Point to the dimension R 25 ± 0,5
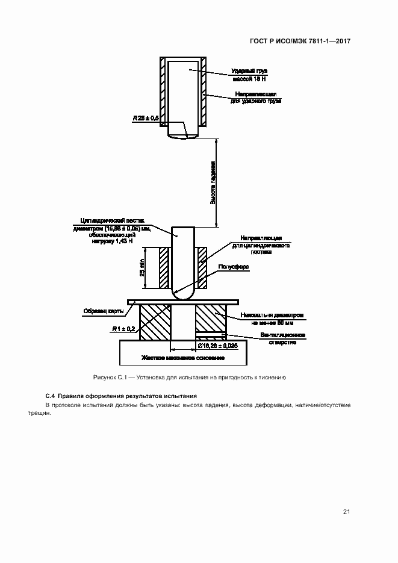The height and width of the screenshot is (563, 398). pyautogui.click(x=145, y=119)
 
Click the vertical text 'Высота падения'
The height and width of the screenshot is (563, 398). pyautogui.click(x=213, y=183)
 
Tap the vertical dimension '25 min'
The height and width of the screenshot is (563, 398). pyautogui.click(x=143, y=267)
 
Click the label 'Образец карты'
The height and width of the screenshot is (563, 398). pyautogui.click(x=104, y=311)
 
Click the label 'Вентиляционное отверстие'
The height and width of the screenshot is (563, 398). pyautogui.click(x=282, y=338)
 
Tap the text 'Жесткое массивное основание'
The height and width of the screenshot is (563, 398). pyautogui.click(x=183, y=358)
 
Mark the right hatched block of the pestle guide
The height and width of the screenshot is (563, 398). pyautogui.click(x=202, y=267)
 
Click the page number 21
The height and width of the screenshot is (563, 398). pyautogui.click(x=346, y=512)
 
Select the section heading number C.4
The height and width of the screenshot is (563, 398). pyautogui.click(x=51, y=396)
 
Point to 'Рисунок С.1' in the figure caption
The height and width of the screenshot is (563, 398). pyautogui.click(x=108, y=378)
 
